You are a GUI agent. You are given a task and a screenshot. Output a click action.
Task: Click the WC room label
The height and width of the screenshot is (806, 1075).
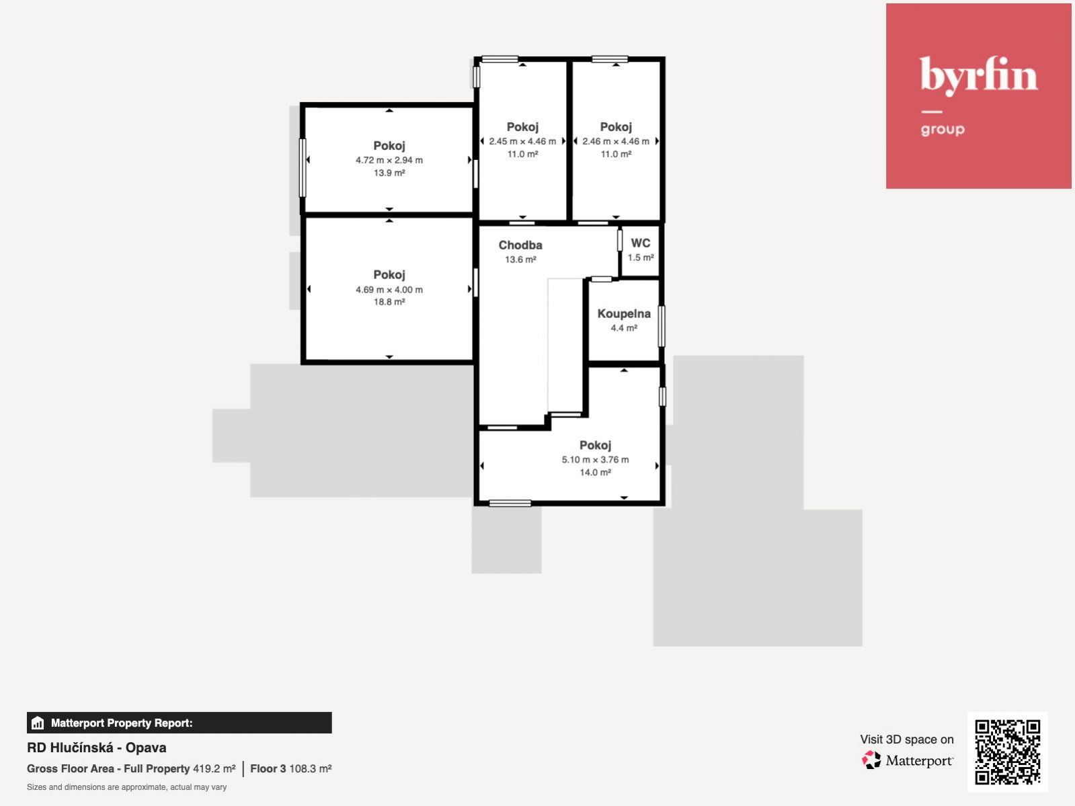641,243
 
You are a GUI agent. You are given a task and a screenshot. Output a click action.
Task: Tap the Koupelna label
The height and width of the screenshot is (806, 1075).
624,313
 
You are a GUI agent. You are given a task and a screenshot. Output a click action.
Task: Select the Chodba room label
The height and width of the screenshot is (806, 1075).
520,245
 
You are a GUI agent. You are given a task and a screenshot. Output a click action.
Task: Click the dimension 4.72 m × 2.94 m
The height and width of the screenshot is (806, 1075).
389,160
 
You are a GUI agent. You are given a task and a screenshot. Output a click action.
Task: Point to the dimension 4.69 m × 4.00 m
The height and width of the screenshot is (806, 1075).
389,290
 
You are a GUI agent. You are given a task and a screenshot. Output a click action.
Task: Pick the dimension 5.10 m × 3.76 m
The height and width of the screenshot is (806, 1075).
595,459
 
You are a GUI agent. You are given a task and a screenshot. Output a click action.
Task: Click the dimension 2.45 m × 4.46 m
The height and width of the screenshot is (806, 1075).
522,141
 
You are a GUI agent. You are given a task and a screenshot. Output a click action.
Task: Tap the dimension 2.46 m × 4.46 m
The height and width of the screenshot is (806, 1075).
616,141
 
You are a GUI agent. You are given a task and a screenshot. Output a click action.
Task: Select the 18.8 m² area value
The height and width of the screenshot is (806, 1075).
389,302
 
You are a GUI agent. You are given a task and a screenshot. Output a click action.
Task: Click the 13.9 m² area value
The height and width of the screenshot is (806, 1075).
389,172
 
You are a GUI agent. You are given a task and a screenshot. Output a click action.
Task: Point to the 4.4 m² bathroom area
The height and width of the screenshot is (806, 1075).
624,327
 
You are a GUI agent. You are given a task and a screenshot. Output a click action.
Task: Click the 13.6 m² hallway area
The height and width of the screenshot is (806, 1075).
520,259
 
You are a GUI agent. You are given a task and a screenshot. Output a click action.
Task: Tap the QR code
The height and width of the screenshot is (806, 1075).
1007,752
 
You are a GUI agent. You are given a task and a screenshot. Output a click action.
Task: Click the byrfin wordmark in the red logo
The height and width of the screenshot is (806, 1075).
978,76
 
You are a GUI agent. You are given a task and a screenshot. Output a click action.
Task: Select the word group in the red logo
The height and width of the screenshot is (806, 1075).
943,129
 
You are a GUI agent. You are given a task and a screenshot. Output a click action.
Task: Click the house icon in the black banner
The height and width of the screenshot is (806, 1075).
38,723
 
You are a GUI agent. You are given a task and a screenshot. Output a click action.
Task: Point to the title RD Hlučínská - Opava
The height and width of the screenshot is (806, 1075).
97,748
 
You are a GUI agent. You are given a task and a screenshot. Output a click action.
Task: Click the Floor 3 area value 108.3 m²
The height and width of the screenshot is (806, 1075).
311,768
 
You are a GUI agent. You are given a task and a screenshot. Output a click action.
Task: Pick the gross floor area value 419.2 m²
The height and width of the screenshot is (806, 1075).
214,768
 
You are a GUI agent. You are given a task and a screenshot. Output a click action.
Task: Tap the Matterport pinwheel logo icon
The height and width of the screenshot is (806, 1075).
871,760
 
